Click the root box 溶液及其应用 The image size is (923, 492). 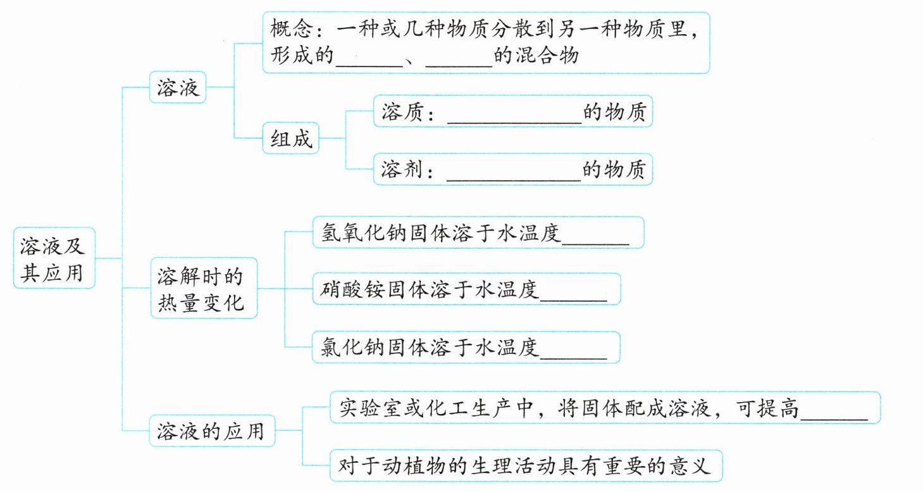[54, 258]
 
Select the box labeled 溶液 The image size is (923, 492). [178, 87]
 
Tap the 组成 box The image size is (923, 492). [291, 138]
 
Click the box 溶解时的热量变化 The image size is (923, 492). [204, 288]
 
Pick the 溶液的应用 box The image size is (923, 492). [212, 431]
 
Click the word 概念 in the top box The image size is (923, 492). [291, 28]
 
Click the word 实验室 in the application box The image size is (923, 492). [369, 408]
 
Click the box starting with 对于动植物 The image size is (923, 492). [526, 465]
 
